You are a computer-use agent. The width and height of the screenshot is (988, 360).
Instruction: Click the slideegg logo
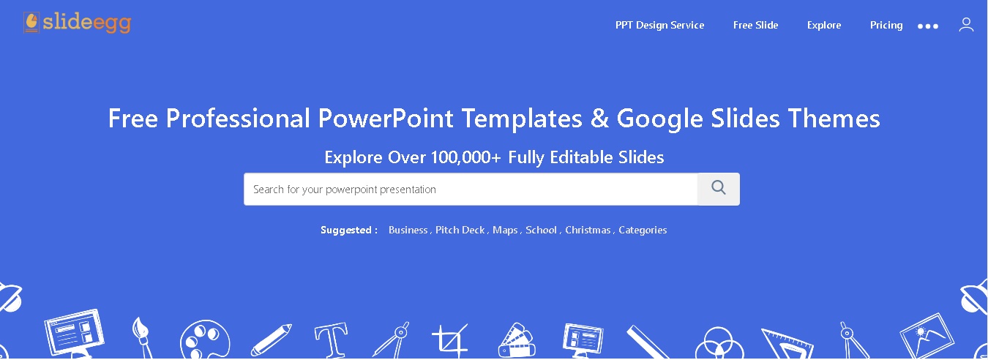pyautogui.click(x=77, y=23)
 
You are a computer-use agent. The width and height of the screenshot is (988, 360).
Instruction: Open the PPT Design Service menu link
pyautogui.click(x=659, y=25)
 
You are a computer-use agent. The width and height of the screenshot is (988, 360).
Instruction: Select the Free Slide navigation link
pyautogui.click(x=755, y=25)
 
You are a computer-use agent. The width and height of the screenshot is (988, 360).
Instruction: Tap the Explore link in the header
pyautogui.click(x=824, y=25)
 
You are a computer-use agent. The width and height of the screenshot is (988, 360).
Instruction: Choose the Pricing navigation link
pyautogui.click(x=886, y=25)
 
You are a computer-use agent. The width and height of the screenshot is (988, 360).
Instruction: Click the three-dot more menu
pyautogui.click(x=928, y=26)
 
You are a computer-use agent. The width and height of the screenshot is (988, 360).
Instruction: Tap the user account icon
pyautogui.click(x=966, y=25)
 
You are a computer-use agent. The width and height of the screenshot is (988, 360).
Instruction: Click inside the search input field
pyautogui.click(x=471, y=190)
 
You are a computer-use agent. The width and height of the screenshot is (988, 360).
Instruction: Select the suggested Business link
pyautogui.click(x=408, y=230)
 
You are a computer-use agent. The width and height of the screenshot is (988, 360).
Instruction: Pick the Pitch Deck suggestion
pyautogui.click(x=460, y=230)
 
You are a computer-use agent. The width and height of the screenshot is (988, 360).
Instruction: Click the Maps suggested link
pyautogui.click(x=505, y=230)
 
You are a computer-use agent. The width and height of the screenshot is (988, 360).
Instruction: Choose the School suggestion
pyautogui.click(x=541, y=230)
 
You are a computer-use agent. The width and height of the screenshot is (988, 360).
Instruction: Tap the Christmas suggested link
pyautogui.click(x=588, y=230)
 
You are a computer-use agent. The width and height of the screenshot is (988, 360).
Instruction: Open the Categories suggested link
pyautogui.click(x=643, y=230)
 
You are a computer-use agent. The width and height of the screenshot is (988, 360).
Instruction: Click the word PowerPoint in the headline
pyautogui.click(x=386, y=119)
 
